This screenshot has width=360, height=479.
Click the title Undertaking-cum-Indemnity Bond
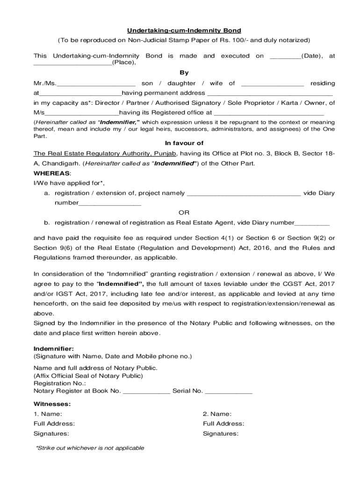click(184, 30)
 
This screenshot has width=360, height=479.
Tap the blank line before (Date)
click(285, 56)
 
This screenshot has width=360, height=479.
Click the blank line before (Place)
click(72, 63)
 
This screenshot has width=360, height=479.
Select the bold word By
click(184, 73)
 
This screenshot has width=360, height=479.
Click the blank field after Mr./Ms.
click(96, 84)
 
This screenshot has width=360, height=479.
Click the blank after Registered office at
click(269, 113)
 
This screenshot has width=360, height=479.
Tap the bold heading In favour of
click(184, 144)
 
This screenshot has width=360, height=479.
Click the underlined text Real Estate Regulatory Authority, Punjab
click(105, 154)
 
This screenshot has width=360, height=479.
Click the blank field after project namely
click(244, 194)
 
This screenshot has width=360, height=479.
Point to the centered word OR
click(184, 213)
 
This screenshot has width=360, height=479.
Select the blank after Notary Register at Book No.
click(146, 391)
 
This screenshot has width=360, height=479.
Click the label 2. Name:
click(217, 414)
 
